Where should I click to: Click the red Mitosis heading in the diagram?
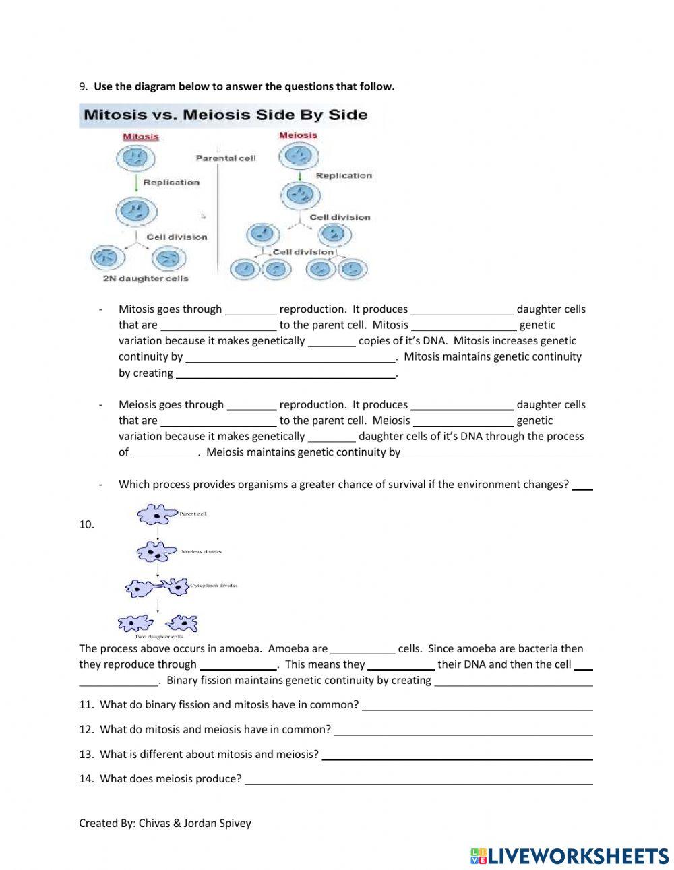point(141,137)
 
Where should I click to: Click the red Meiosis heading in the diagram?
point(297,135)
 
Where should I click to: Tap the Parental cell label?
point(226,158)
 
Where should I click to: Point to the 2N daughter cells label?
point(146,278)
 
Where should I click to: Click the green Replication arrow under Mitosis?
point(136,182)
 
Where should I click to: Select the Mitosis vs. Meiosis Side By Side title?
point(225,115)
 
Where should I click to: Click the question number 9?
point(83,86)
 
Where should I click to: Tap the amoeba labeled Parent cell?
point(156,516)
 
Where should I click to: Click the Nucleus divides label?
point(202,551)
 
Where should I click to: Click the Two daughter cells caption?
point(158,636)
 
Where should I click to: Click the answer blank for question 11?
point(477,706)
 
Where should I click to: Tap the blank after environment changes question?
point(582,485)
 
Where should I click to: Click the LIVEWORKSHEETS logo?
point(570,856)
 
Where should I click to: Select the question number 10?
point(86,525)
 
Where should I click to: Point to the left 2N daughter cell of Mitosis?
point(106,257)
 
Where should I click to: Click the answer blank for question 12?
point(463,731)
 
